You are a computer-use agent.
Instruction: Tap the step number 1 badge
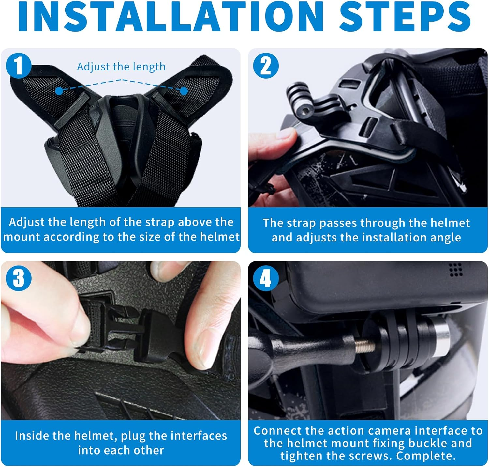point(19,65)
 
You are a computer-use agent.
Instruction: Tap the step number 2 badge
point(266,65)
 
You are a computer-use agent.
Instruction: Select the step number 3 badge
point(19,278)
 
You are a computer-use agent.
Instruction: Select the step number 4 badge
point(266,278)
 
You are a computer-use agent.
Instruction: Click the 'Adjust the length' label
point(121,67)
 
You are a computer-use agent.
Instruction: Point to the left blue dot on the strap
point(59,91)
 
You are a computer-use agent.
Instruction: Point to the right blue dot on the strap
point(184,91)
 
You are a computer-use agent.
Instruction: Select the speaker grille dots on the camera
point(455,270)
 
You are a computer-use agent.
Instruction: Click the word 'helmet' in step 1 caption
point(220,237)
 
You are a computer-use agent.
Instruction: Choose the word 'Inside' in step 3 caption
point(29,436)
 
